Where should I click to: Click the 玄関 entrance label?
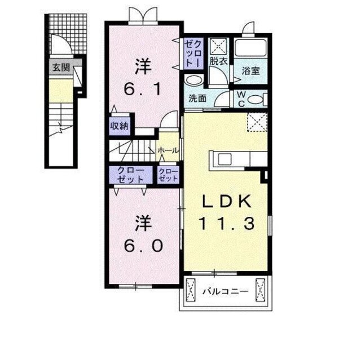click(61, 68)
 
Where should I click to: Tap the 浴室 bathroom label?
click(250, 71)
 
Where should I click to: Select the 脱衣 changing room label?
click(218, 61)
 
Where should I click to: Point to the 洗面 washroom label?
click(197, 99)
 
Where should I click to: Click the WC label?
click(241, 99)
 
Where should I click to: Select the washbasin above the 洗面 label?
click(193, 81)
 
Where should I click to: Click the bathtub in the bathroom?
click(250, 48)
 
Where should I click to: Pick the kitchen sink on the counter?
click(224, 159)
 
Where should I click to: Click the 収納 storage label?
click(119, 126)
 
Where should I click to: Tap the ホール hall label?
click(168, 150)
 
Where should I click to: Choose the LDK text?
click(226, 202)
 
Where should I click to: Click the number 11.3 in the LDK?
click(227, 224)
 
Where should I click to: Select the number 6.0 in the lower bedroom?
click(144, 246)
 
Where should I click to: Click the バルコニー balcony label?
click(226, 292)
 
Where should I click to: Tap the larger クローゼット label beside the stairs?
click(130, 175)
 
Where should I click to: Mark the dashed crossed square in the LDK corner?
click(257, 122)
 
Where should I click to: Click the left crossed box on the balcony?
click(191, 290)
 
